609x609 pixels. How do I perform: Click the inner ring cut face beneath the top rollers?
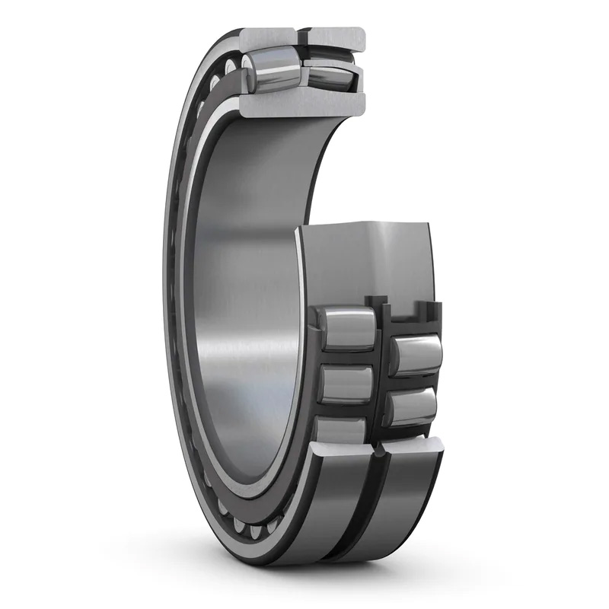pyautogui.click(x=304, y=103)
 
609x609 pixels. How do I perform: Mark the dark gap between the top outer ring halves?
pyautogui.click(x=301, y=37)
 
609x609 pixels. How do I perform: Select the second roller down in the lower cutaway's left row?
pyautogui.click(x=347, y=383)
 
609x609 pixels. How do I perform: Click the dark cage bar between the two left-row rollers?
pyautogui.click(x=347, y=358)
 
